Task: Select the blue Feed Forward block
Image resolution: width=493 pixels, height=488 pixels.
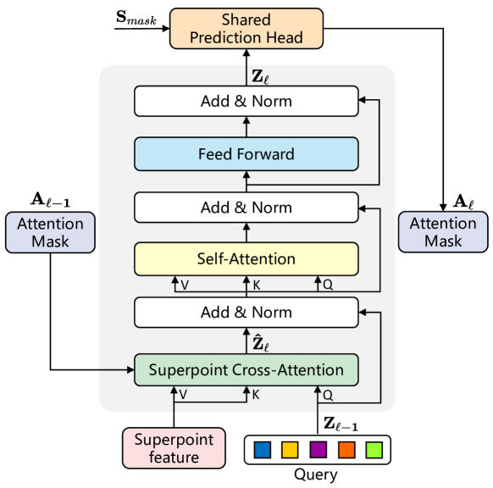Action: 246,154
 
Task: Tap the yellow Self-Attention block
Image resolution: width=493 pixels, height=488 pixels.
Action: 246,258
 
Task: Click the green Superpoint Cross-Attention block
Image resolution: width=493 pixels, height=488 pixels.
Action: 246,369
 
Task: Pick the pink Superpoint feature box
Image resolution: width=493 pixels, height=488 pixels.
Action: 174,448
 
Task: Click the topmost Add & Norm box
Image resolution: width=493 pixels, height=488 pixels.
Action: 246,102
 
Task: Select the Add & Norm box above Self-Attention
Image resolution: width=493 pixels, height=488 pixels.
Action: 246,207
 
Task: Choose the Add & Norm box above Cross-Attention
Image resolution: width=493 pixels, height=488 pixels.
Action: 246,312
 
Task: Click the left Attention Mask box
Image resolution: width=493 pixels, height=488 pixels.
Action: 50,232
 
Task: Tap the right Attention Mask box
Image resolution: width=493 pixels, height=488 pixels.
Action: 443,232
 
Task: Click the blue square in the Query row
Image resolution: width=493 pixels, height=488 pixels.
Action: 263,448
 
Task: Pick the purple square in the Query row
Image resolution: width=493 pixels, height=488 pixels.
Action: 318,448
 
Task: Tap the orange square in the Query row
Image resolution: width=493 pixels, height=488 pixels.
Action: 345,448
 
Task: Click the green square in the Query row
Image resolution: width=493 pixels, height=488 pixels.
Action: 372,448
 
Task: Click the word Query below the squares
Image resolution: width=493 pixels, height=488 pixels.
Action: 318,474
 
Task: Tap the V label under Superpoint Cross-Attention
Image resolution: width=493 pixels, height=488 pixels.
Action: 185,395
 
